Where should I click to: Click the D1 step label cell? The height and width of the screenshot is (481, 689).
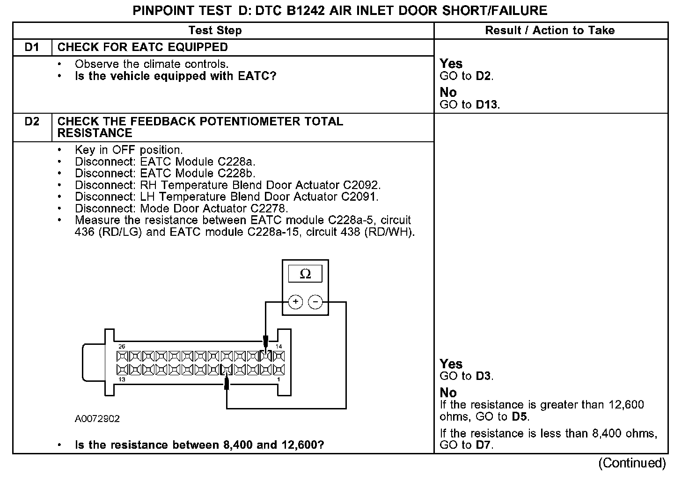(x=32, y=47)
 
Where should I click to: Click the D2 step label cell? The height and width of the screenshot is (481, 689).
(x=32, y=122)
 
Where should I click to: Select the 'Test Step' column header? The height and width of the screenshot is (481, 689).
(x=215, y=31)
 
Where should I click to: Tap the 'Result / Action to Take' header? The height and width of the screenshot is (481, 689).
(x=550, y=31)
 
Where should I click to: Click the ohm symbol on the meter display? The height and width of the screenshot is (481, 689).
(x=305, y=274)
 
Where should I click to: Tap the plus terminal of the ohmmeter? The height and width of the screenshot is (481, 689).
(x=295, y=302)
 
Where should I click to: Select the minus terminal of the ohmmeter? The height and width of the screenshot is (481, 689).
(x=315, y=302)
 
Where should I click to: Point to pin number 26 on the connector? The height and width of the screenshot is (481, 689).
(x=122, y=347)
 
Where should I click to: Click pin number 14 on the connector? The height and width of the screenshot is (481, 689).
(x=279, y=347)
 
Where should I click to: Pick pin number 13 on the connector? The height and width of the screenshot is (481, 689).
(x=122, y=379)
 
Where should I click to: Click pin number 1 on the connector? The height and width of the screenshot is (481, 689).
(x=279, y=379)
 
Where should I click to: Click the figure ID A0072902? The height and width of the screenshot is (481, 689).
(x=97, y=419)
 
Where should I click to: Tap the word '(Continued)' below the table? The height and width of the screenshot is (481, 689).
(x=632, y=463)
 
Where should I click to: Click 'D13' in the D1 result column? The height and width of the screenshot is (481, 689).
(x=487, y=105)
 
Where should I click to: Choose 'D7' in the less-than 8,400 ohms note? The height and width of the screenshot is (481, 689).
(x=484, y=445)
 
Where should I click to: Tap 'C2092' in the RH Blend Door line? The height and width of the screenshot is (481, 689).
(x=361, y=185)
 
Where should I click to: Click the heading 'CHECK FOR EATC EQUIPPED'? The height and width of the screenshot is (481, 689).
(x=142, y=47)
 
